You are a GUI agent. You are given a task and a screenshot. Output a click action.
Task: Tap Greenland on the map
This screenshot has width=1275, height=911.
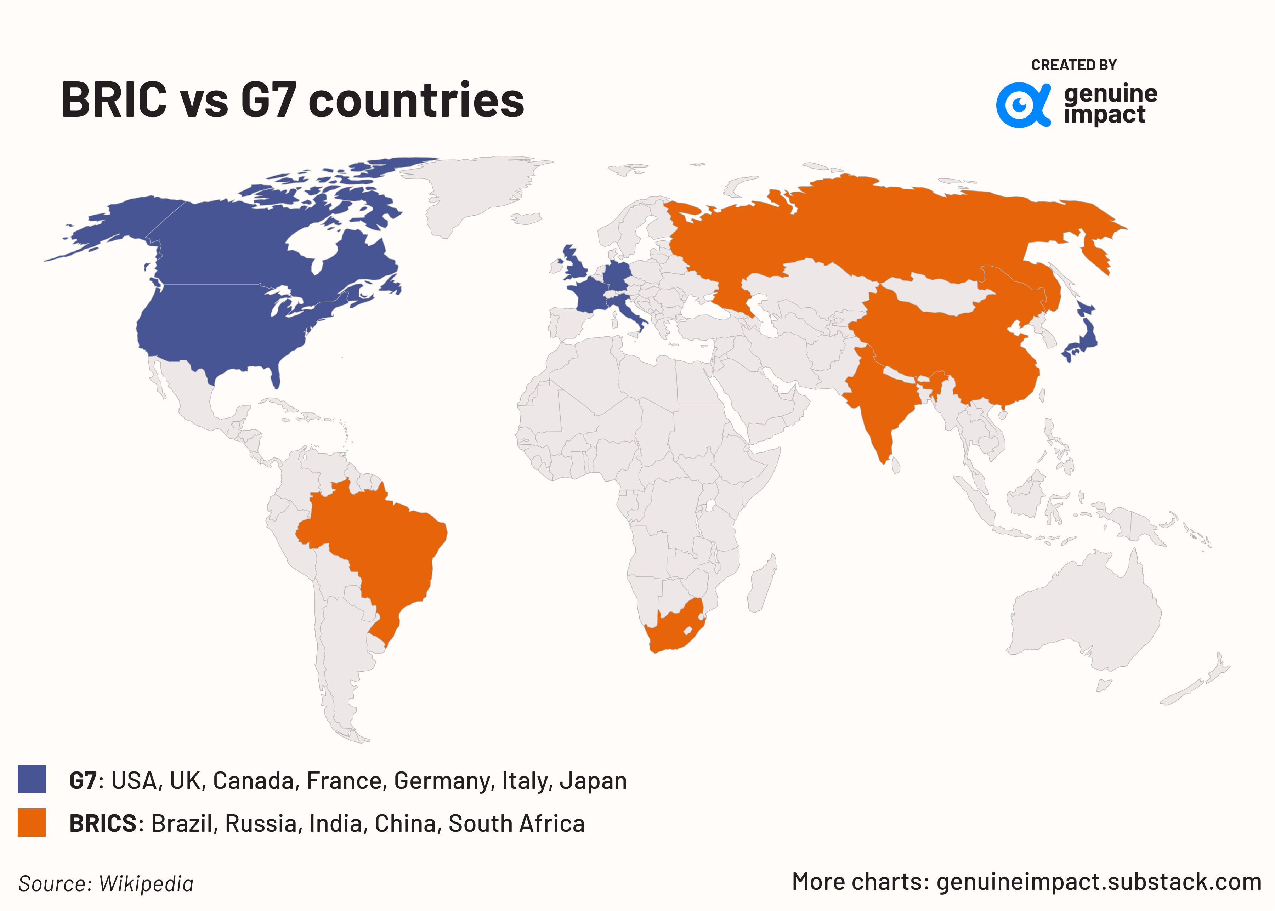point(477,185)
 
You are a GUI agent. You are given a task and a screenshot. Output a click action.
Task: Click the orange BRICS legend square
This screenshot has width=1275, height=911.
point(32,822)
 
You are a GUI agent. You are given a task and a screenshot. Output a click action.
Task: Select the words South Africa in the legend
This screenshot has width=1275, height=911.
point(516,824)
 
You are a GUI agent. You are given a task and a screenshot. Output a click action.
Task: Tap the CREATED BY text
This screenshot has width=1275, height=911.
point(1073,65)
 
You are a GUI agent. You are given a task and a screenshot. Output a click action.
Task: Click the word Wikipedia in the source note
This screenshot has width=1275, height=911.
point(146,883)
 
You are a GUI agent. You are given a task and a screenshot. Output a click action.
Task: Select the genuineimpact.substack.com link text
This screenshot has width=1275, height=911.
point(1099,882)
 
